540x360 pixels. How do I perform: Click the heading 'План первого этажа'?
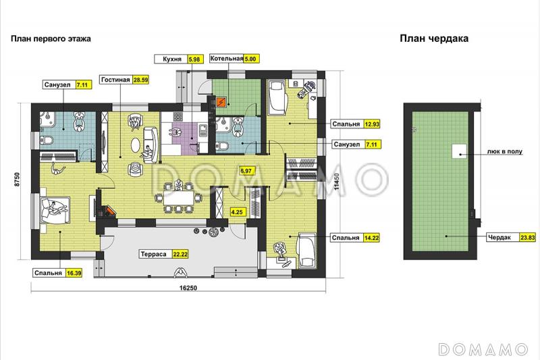coord(51,38)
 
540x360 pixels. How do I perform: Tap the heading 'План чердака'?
coord(434,38)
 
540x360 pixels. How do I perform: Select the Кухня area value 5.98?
coord(194,59)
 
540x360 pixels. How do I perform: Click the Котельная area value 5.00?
coord(250,59)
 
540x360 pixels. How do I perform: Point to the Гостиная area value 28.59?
coord(141,80)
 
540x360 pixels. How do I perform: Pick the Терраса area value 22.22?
coord(180,254)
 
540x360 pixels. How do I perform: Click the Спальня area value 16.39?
coord(74,273)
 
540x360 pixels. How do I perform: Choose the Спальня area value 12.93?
coord(372,124)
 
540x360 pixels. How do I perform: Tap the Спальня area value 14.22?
coord(372,238)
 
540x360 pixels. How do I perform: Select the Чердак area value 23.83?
coord(528,237)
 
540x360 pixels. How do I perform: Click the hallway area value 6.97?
coord(246,170)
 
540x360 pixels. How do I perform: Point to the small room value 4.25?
coord(237,212)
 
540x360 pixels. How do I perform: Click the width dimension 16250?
coord(188,288)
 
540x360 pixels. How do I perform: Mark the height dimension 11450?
coord(337,182)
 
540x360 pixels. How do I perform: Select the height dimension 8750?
coord(18,179)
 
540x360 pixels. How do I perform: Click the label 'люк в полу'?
coord(504,151)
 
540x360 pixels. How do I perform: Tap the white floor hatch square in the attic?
coord(460,151)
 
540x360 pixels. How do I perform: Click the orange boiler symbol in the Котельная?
coord(221,102)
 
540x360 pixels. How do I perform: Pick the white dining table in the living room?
coord(179,198)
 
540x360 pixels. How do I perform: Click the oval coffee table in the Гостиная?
coord(136,145)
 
